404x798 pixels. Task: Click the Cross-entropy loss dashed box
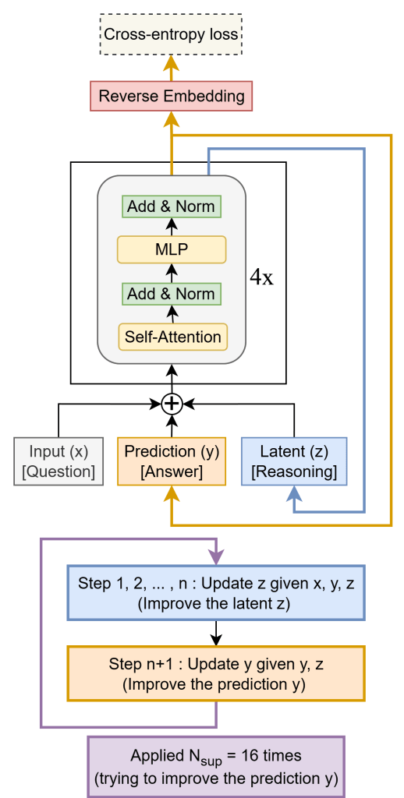pos(171,34)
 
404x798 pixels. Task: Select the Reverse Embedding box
pos(171,97)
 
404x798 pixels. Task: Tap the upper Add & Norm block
pos(172,207)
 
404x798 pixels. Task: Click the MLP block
pos(172,249)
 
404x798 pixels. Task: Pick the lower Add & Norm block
pos(172,294)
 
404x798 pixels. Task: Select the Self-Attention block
pos(172,337)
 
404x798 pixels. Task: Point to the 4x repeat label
pos(261,277)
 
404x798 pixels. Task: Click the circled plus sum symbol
pos(172,404)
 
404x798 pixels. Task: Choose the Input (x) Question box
pos(58,461)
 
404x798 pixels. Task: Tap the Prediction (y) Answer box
pos(172,461)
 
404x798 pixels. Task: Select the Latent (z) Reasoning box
pos(294,461)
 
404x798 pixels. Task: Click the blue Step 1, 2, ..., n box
pos(216,593)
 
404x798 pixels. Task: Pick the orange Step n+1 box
pos(216,673)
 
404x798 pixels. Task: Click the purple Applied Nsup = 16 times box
pos(216,766)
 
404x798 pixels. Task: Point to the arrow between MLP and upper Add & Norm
pos(172,227)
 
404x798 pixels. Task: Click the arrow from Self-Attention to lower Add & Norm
pos(172,314)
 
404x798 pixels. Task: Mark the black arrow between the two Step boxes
pos(216,633)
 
